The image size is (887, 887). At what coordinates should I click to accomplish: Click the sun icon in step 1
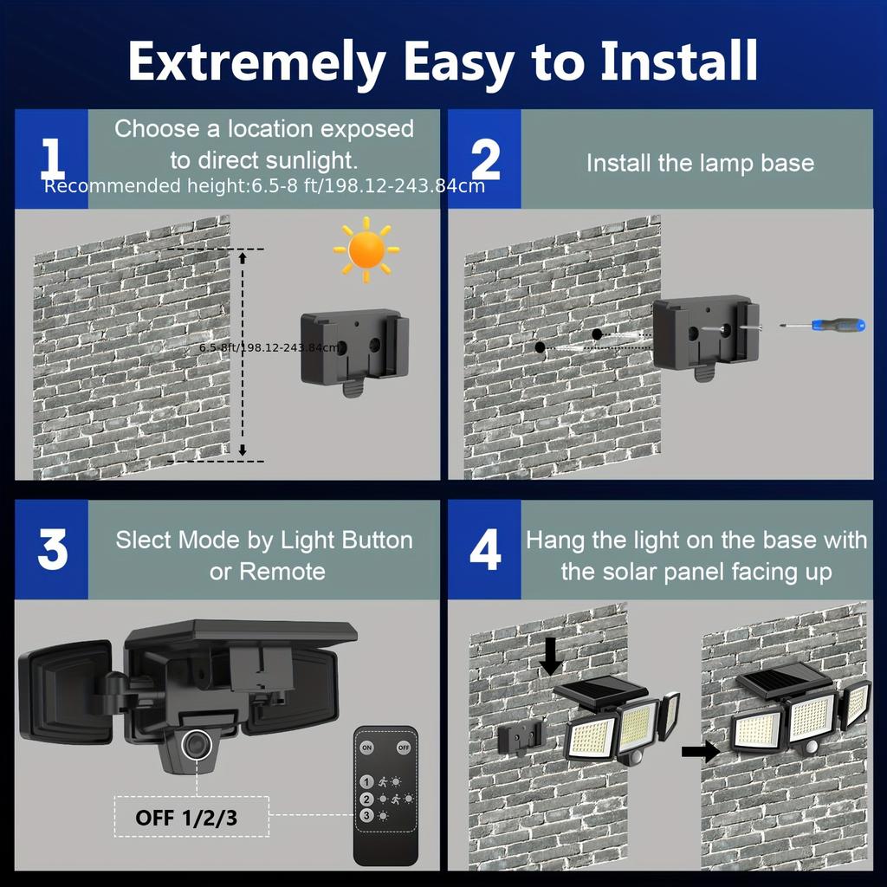tap(366, 250)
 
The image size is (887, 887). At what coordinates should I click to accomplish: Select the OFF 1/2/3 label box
tap(186, 818)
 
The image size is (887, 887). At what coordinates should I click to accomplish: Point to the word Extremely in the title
tap(256, 62)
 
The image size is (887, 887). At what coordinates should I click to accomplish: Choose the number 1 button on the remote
tap(367, 781)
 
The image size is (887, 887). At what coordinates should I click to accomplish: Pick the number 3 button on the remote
tap(367, 815)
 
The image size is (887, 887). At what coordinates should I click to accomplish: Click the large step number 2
tap(485, 160)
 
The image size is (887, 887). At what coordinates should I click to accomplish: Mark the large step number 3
tap(52, 551)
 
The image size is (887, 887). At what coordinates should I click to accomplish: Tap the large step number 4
tap(485, 551)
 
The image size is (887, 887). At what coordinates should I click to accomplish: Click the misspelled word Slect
tap(144, 541)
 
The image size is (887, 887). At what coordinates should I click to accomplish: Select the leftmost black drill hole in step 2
tap(540, 347)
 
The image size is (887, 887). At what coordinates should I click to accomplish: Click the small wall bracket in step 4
tap(521, 739)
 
